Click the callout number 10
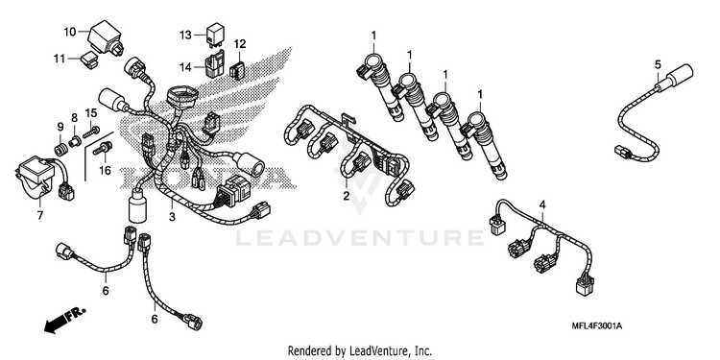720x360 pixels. [70, 32]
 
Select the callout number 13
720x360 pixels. [185, 35]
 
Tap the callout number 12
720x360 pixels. [240, 44]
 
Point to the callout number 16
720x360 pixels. [106, 171]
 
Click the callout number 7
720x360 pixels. [40, 214]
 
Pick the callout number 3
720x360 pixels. [172, 217]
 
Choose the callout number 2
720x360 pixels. [346, 196]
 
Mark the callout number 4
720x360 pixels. [542, 204]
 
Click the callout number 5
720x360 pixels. [658, 64]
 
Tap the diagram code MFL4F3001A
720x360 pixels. [597, 326]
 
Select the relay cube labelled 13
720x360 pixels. [214, 36]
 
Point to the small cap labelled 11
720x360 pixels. [90, 60]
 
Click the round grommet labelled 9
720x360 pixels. [60, 149]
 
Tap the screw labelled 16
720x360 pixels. [103, 148]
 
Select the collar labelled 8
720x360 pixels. [74, 140]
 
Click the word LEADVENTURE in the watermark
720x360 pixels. [360, 238]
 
